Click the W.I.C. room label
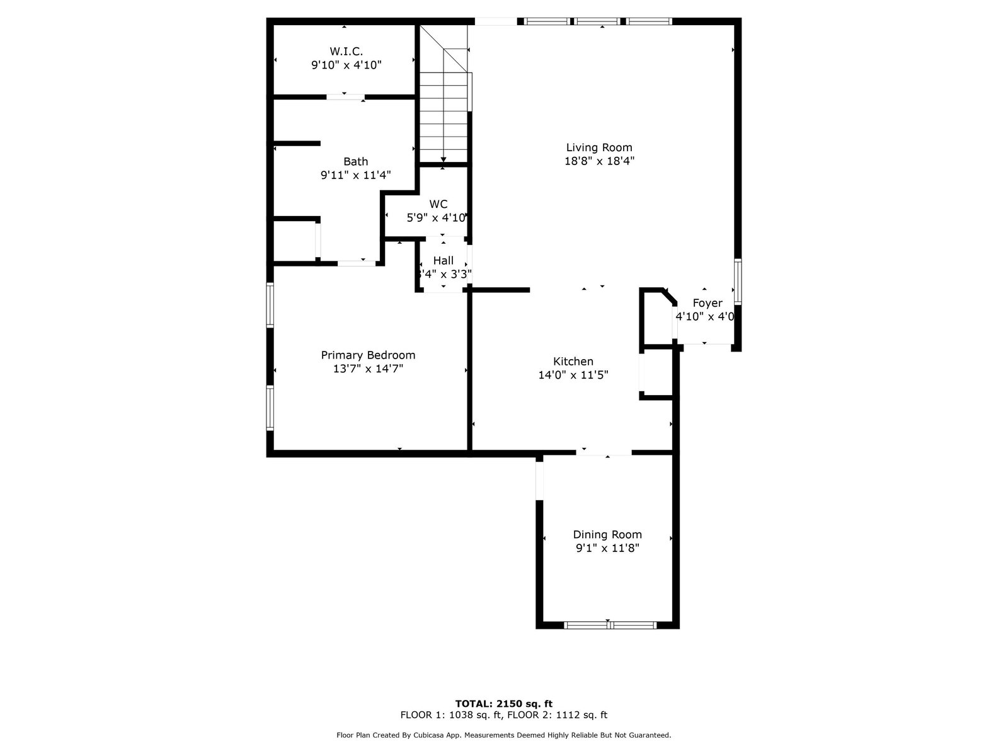346,51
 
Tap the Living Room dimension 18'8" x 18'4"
599,161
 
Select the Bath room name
355,161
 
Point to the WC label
438,203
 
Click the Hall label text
443,261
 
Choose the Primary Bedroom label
368,355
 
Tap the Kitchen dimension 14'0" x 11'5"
573,375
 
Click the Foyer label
707,304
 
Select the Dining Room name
607,534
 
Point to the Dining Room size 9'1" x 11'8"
607,548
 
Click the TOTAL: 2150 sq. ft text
504,704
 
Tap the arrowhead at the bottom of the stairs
443,160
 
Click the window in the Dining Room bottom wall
610,625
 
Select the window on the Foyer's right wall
738,282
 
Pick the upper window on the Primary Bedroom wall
270,306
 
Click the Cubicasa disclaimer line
504,735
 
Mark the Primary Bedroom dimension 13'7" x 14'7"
368,369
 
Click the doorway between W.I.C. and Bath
345,97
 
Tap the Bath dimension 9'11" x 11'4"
355,175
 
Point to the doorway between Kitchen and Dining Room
604,452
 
